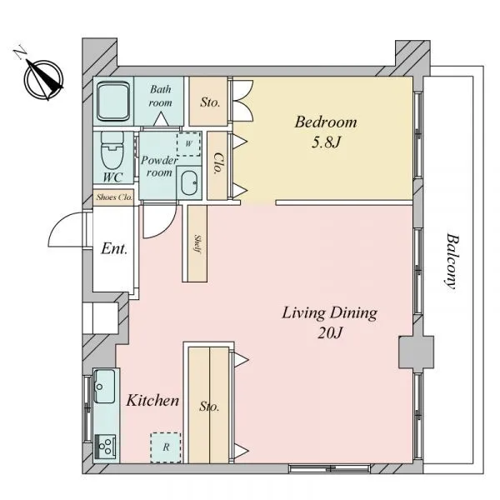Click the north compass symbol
pos(43,79)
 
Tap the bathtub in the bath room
pos(113,102)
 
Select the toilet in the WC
pos(112,150)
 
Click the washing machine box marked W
pos(189,144)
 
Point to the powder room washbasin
pos(189,183)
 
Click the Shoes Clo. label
pos(114,197)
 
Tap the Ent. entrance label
pos(114,248)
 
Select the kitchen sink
pos(104,386)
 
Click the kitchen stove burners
pos(105,446)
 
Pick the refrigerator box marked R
pos(166,447)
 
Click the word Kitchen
pos(152,401)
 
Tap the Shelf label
pos(197,244)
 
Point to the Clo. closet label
pos(217,163)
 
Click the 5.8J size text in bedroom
pos(326,142)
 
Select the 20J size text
pos(330,332)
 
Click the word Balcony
pos(452,262)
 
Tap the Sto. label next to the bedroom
pos(210,102)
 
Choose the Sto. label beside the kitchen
pos(209,407)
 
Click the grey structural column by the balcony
pos(416,352)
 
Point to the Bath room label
pos(160,96)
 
